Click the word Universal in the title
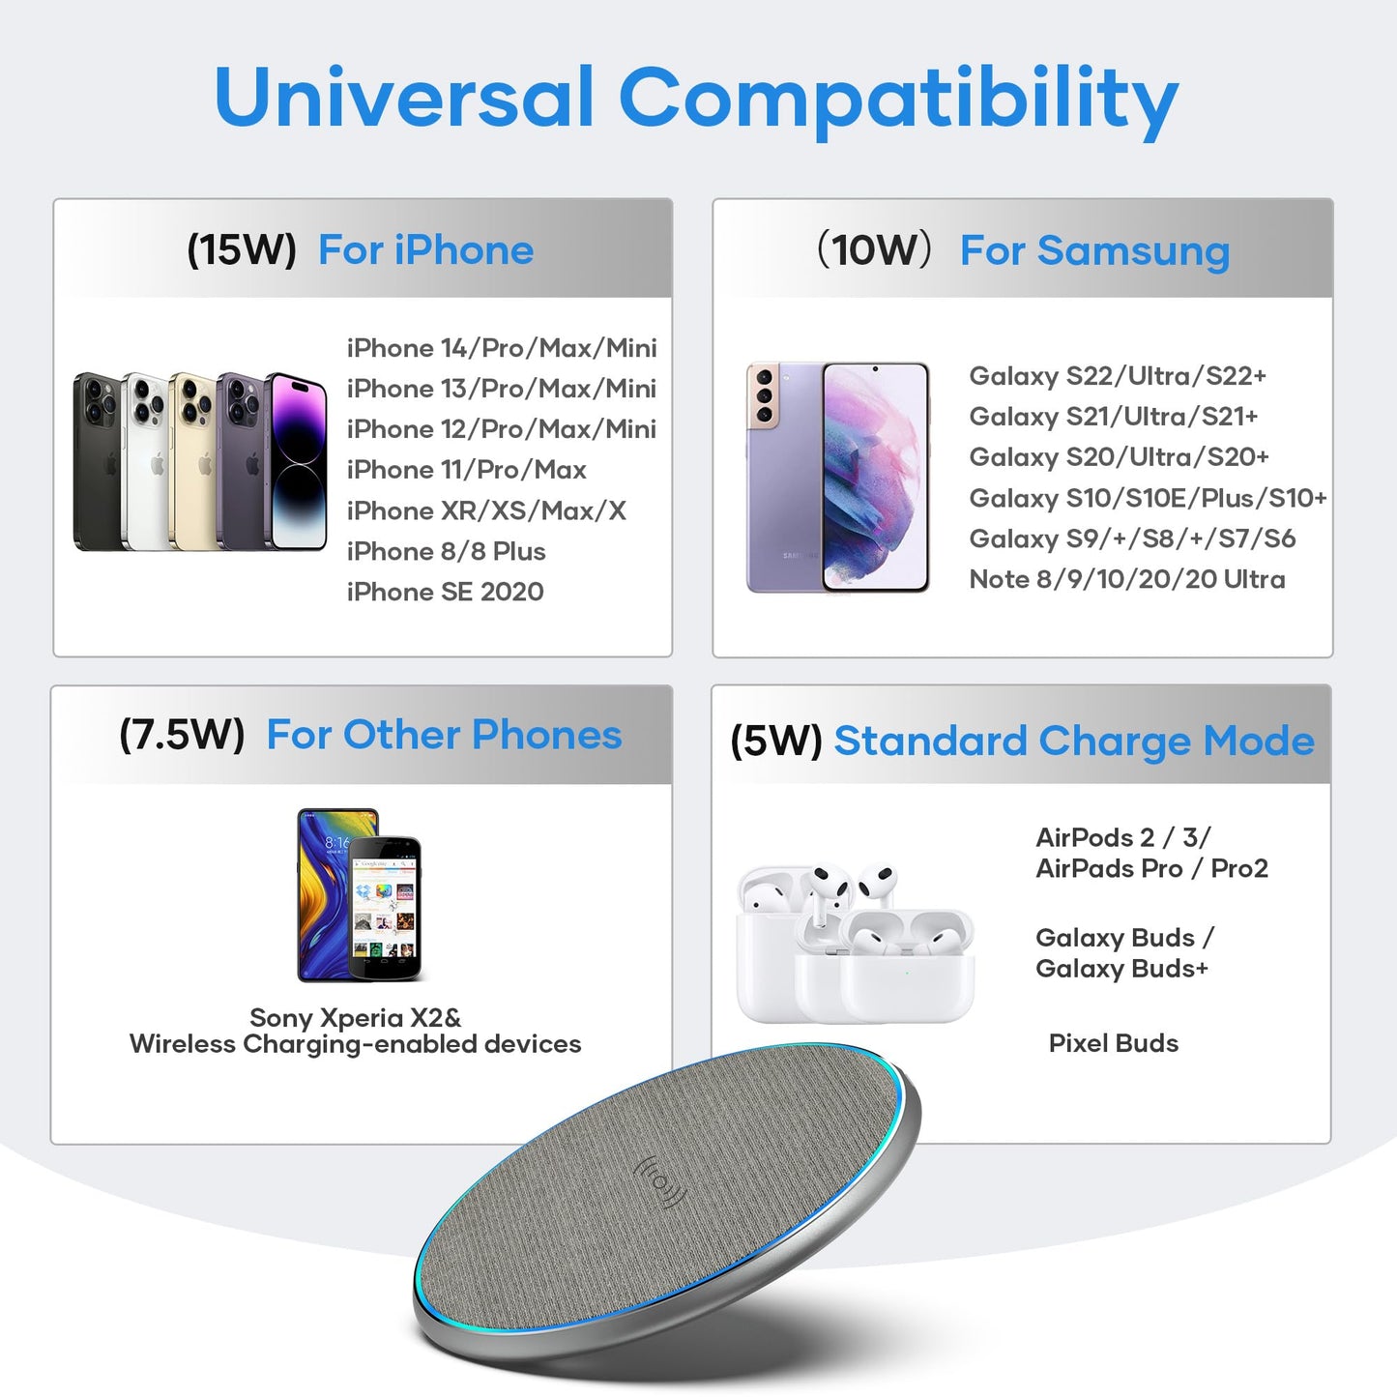pyautogui.click(x=403, y=98)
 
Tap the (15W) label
pyautogui.click(x=242, y=250)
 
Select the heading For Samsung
pyautogui.click(x=1094, y=251)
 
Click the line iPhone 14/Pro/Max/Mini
pyautogui.click(x=502, y=348)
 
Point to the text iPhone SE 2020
pyautogui.click(x=446, y=592)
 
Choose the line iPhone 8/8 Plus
pyautogui.click(x=447, y=551)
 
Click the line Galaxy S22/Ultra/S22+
pyautogui.click(x=1118, y=376)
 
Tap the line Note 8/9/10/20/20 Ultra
pyautogui.click(x=1127, y=579)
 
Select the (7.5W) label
pyautogui.click(x=182, y=735)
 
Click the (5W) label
pyautogui.click(x=776, y=742)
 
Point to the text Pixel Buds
pyautogui.click(x=1114, y=1043)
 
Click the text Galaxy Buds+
pyautogui.click(x=1121, y=969)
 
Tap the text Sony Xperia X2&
pyautogui.click(x=356, y=1018)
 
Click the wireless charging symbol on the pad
pyautogui.click(x=660, y=1182)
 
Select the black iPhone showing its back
pyautogui.click(x=97, y=462)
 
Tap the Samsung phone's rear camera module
pyautogui.click(x=764, y=395)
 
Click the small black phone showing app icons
pyautogui.click(x=385, y=909)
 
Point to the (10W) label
pyautogui.click(x=875, y=250)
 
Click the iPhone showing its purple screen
pyautogui.click(x=298, y=462)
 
